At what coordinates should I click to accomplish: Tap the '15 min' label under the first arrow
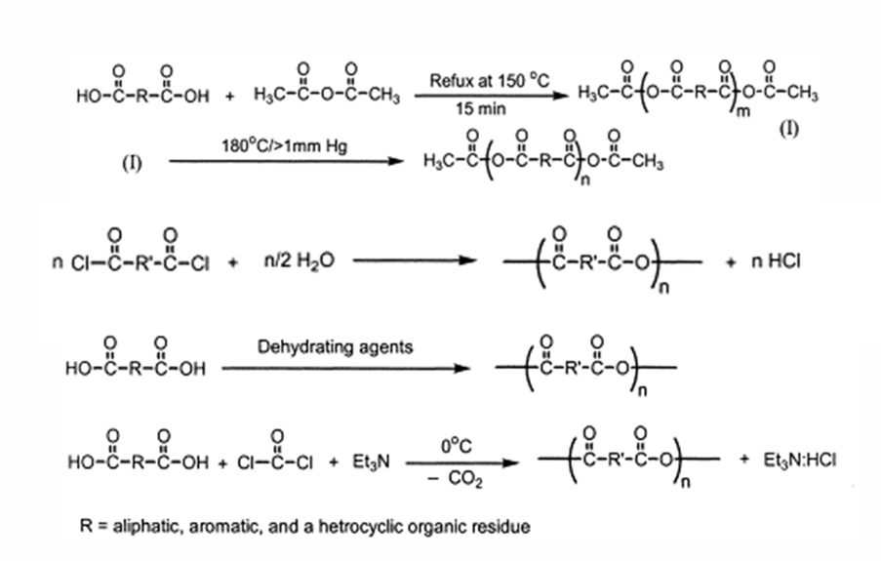[480, 111]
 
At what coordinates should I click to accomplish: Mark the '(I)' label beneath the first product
[790, 132]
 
